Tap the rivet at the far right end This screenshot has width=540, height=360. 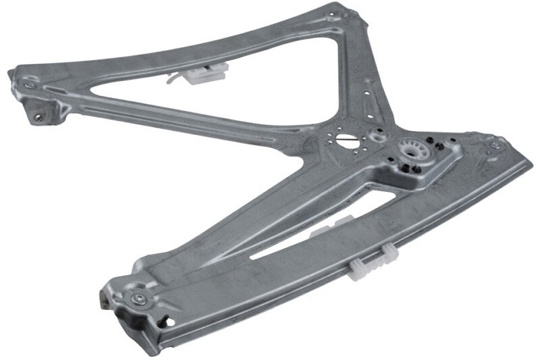[495, 144]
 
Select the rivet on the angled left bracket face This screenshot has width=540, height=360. [38, 116]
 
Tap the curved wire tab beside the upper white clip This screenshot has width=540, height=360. [174, 79]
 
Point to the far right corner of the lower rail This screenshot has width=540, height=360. [531, 163]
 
